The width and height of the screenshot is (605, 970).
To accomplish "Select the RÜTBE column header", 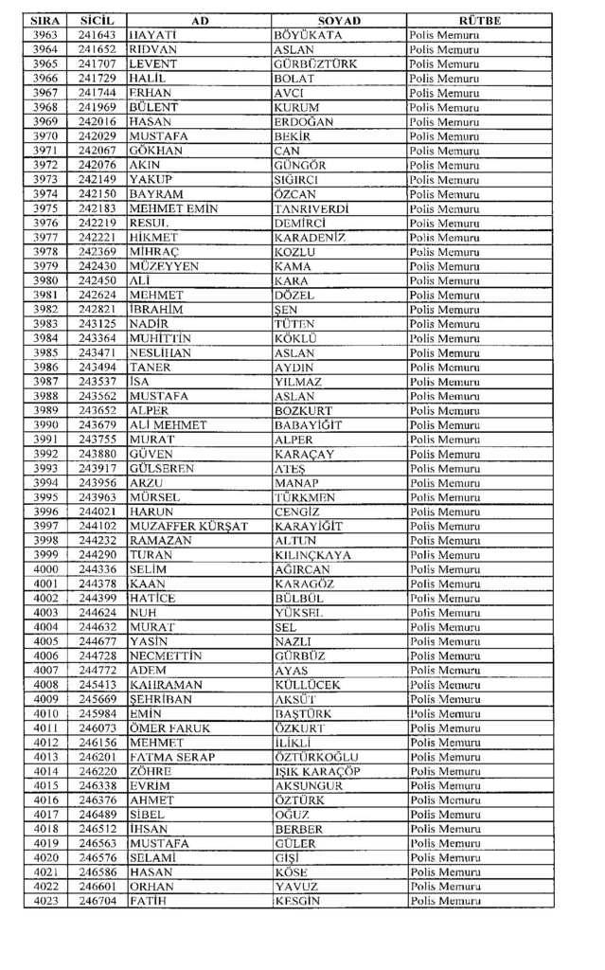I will [x=479, y=20].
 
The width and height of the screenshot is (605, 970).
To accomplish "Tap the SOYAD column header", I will [x=339, y=20].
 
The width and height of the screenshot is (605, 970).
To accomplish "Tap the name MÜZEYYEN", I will [x=164, y=266].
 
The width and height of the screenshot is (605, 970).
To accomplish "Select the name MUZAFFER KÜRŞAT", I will [x=188, y=526].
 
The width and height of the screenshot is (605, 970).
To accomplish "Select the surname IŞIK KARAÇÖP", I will [x=316, y=771].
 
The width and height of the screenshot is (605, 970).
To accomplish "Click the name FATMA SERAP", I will [x=171, y=757].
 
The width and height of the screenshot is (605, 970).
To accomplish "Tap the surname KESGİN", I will [x=296, y=901].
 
